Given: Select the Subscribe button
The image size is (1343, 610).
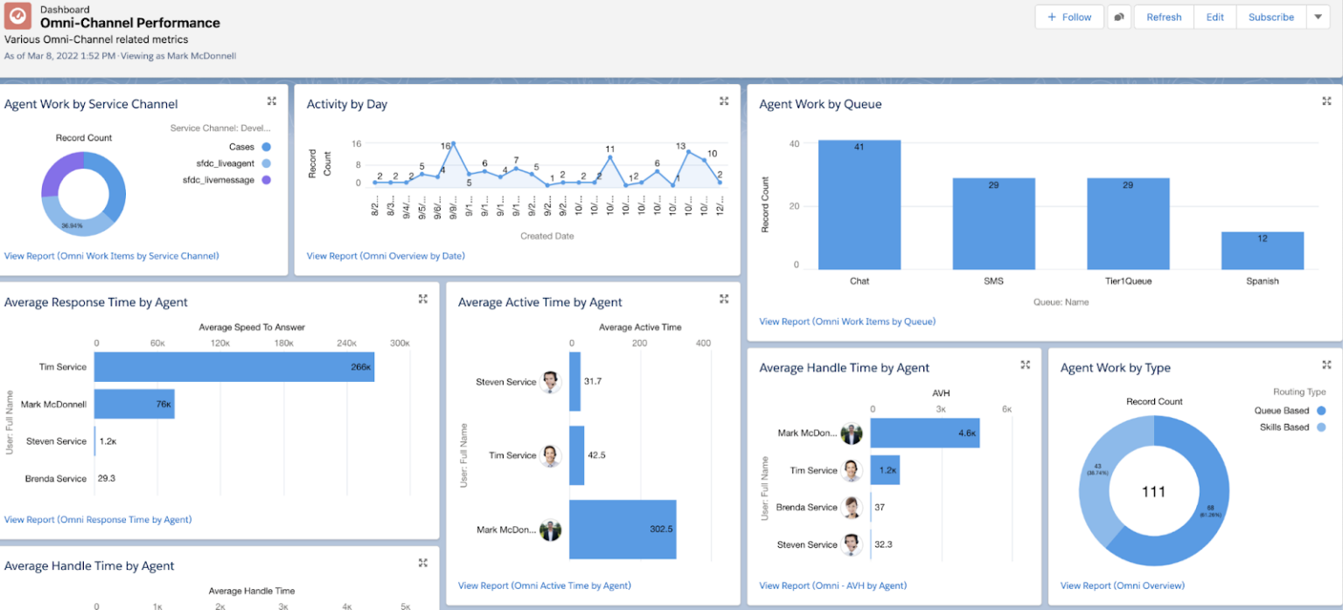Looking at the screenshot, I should click(1270, 17).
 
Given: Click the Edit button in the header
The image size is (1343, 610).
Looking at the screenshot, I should click(1214, 17).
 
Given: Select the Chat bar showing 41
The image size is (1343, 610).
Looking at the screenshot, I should click(859, 204).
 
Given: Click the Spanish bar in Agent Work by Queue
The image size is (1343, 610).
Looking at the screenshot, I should click(1263, 250).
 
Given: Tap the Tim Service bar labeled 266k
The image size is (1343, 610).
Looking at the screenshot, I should click(233, 367).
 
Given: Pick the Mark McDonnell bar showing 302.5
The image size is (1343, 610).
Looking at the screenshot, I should click(623, 530).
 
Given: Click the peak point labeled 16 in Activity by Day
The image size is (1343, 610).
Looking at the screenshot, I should click(453, 144).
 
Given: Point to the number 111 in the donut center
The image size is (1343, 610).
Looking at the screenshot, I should click(1153, 492).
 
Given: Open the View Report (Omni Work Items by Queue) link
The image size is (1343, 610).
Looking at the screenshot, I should click(846, 322).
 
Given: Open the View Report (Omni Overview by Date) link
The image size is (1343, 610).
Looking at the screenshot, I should click(386, 256).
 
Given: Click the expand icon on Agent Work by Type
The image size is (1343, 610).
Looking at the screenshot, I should click(1326, 364).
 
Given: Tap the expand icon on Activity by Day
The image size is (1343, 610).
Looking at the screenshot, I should click(724, 101).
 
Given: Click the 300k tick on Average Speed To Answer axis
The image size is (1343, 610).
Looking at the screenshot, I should click(400, 343).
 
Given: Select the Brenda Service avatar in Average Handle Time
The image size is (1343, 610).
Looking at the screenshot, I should click(851, 507).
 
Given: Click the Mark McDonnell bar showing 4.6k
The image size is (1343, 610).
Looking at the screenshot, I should click(924, 433).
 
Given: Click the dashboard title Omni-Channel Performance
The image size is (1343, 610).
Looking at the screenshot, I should click(130, 24).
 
